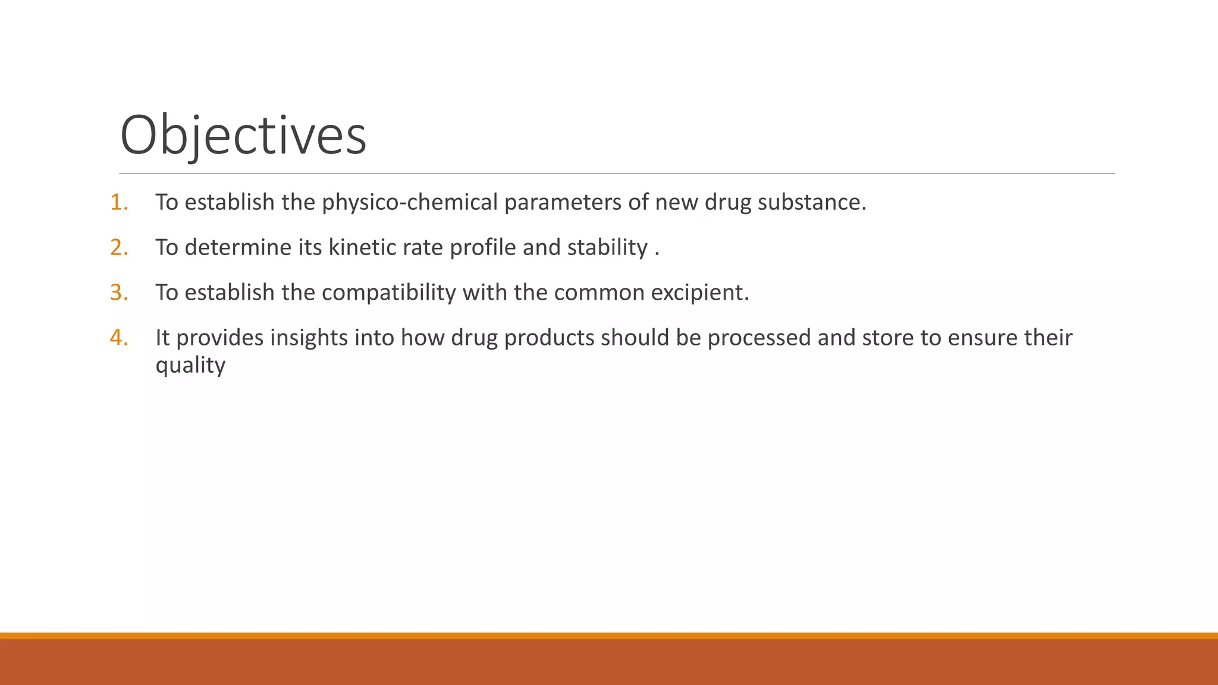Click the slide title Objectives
243,136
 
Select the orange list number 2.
118,247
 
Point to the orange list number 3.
118,293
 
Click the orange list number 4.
118,338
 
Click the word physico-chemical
409,203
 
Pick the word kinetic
361,247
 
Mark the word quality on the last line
190,366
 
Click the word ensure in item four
982,338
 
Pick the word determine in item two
238,247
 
